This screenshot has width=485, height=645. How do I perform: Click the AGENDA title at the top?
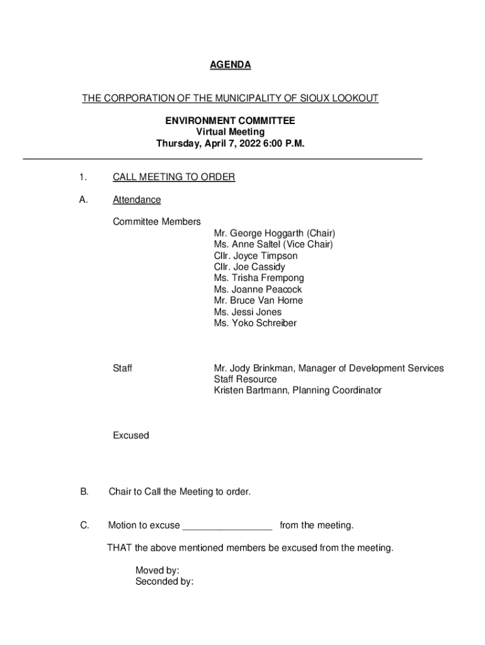tap(230, 65)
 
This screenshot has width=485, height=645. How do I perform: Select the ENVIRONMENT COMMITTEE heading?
tap(230, 120)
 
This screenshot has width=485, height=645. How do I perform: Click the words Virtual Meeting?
tap(230, 132)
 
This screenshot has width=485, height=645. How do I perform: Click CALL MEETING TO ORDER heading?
tap(173, 177)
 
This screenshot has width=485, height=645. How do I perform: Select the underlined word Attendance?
tap(137, 200)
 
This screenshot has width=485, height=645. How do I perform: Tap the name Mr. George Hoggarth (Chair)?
tap(274, 233)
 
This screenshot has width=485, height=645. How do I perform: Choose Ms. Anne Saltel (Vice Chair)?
tap(273, 244)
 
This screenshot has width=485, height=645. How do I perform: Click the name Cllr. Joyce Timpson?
tap(255, 256)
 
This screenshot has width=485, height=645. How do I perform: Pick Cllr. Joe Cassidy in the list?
tap(249, 267)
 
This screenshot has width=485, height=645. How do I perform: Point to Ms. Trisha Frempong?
tap(258, 278)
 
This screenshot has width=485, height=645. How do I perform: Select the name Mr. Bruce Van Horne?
tap(258, 300)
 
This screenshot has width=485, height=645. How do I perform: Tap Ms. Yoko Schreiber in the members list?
tap(254, 323)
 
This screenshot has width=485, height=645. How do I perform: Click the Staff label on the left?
tap(122, 368)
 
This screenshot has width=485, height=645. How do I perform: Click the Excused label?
tap(131, 435)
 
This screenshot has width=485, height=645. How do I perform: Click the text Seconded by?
tap(164, 582)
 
